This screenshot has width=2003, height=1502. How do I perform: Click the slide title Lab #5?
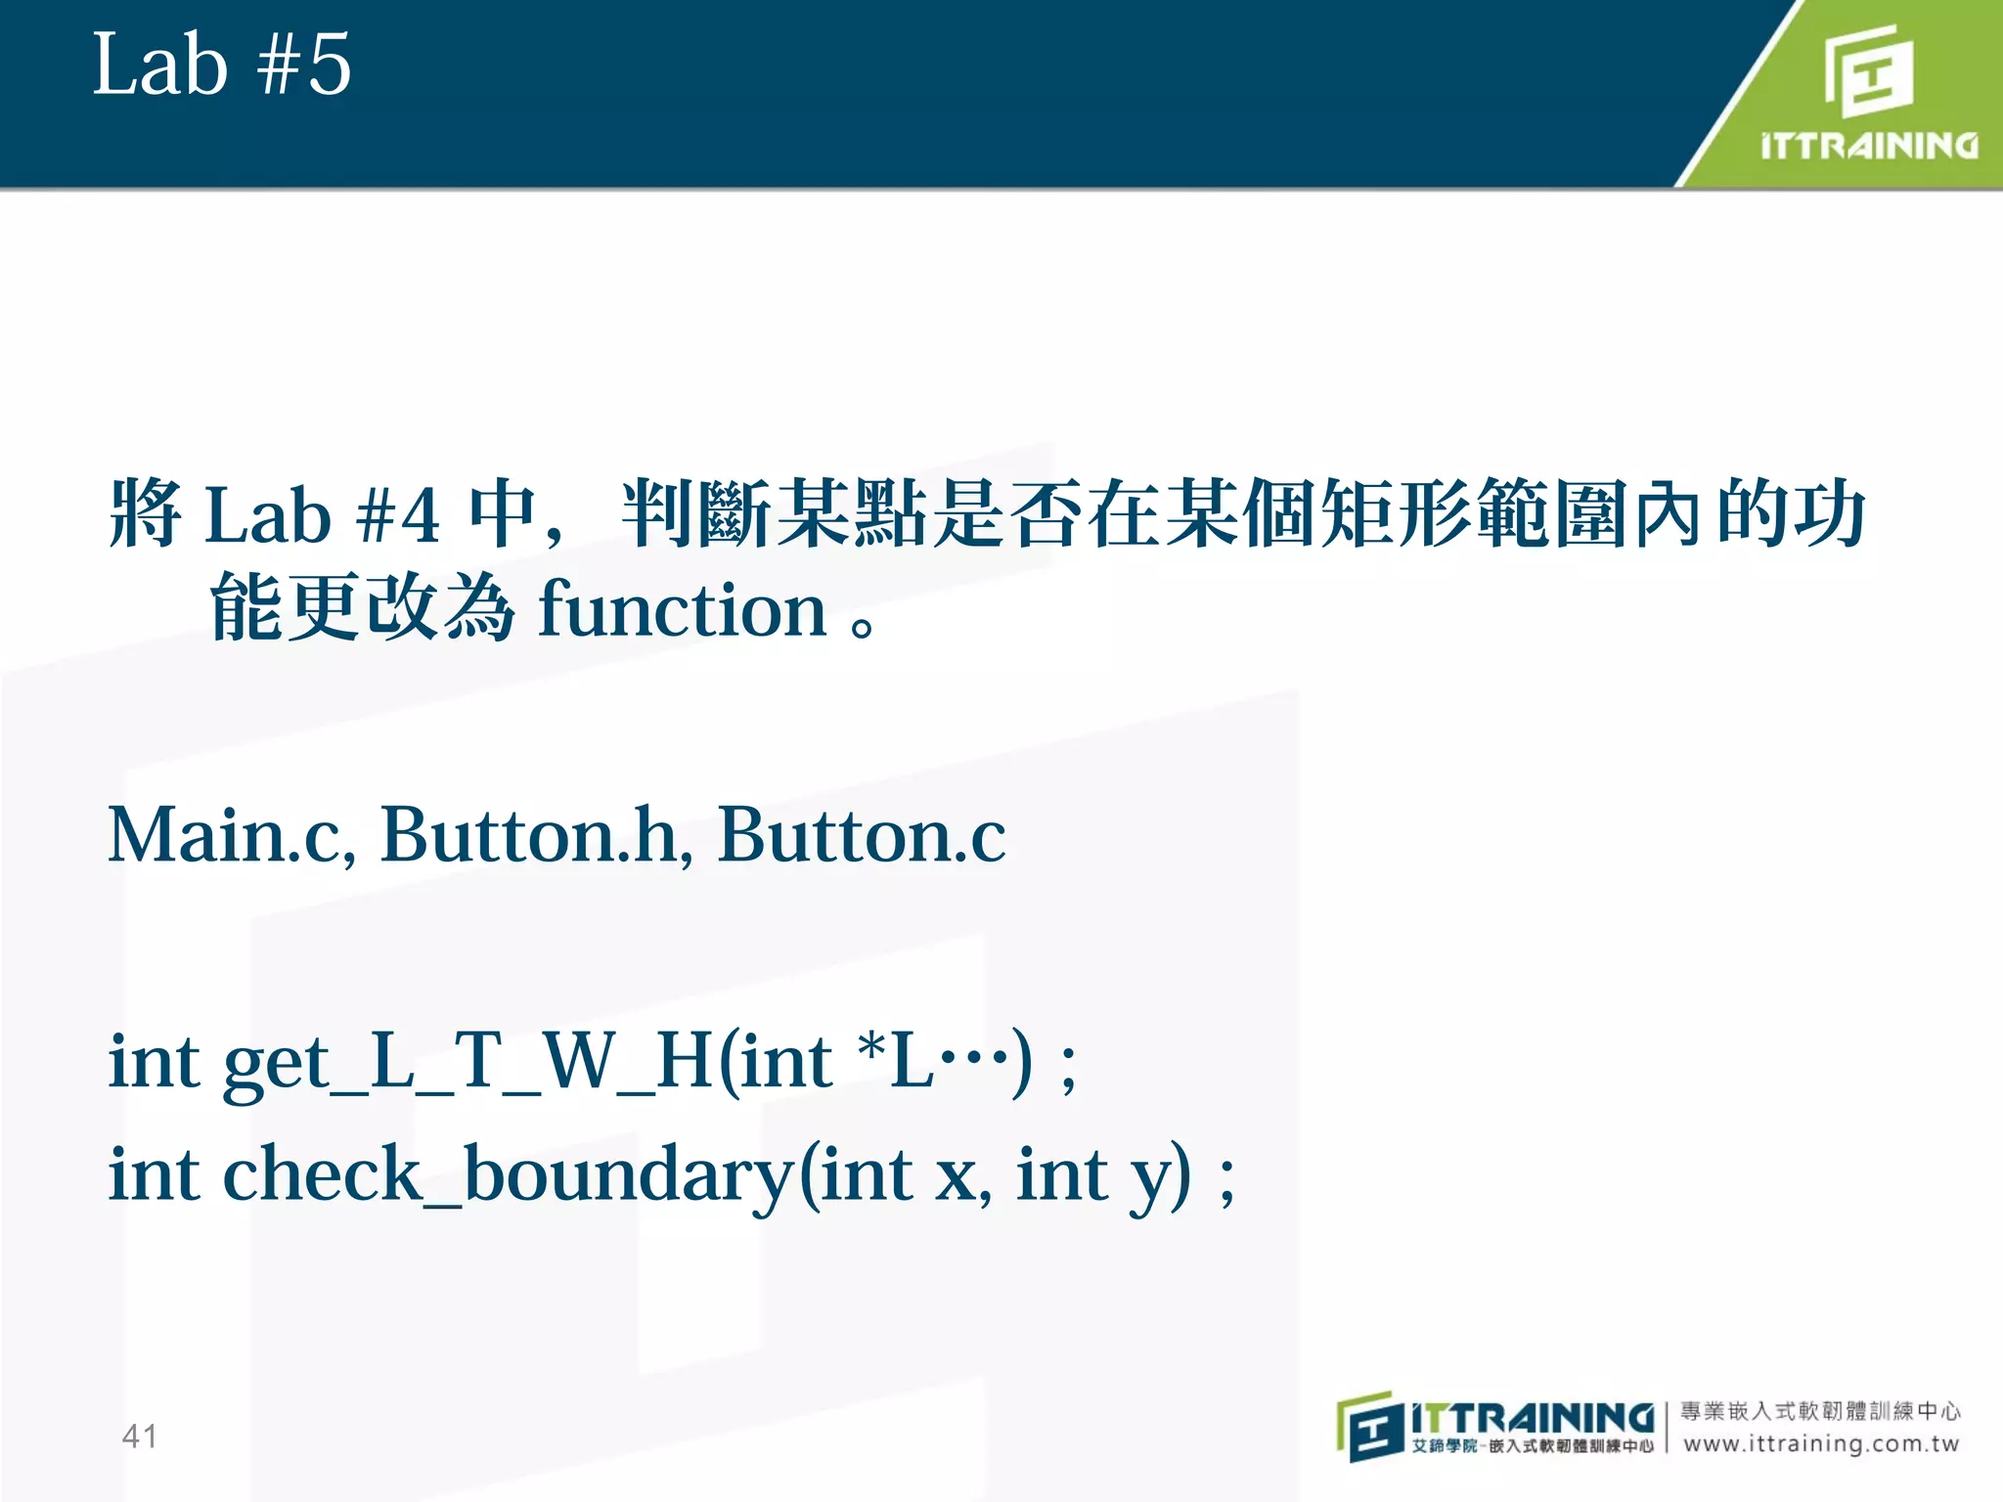(x=221, y=65)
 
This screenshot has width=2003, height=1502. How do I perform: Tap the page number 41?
(x=139, y=1436)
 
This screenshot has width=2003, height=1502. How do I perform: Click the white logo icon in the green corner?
(x=1868, y=70)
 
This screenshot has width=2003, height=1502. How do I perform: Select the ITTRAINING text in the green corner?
(x=1869, y=146)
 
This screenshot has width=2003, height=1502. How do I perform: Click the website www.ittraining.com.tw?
(x=1821, y=1443)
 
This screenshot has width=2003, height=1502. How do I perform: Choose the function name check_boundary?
(x=509, y=1174)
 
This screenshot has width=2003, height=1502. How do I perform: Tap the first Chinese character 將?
(x=145, y=513)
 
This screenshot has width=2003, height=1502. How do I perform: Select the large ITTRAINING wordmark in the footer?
(x=1532, y=1417)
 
